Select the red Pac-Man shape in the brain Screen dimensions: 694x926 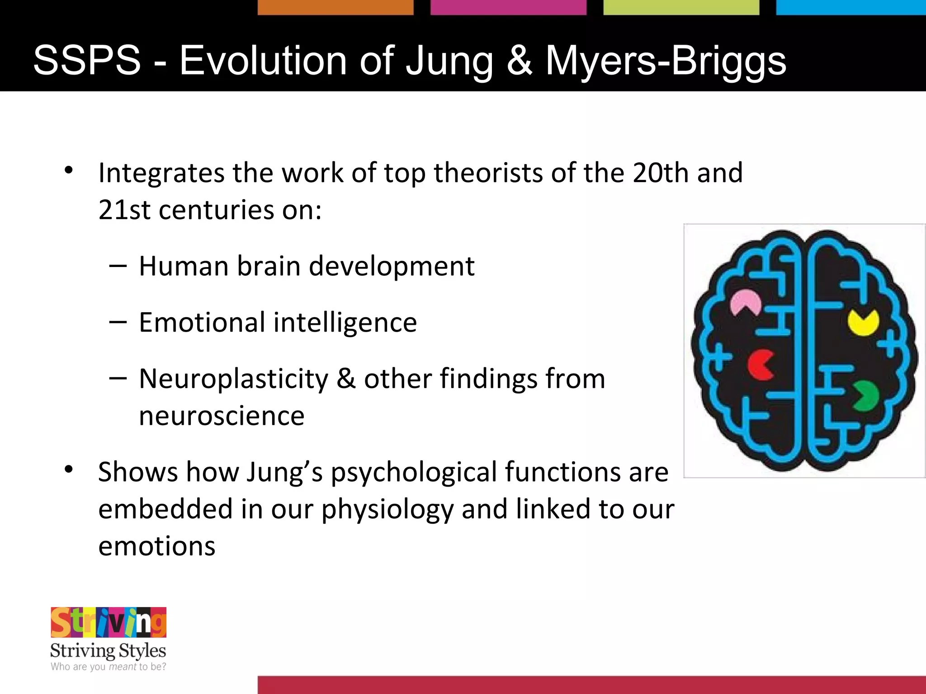point(760,364)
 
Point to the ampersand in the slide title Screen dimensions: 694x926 point(519,61)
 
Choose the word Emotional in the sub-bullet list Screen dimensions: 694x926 point(202,323)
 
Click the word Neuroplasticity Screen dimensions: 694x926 point(233,380)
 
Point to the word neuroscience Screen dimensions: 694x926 point(222,416)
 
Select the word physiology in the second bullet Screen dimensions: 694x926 point(387,510)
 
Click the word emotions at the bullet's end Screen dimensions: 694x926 point(156,546)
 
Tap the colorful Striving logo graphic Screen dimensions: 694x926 point(109,623)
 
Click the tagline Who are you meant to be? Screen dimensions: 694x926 point(109,666)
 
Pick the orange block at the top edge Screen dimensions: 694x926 point(335,7)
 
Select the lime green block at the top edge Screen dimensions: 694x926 point(681,7)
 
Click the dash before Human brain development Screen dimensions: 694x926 point(118,266)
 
